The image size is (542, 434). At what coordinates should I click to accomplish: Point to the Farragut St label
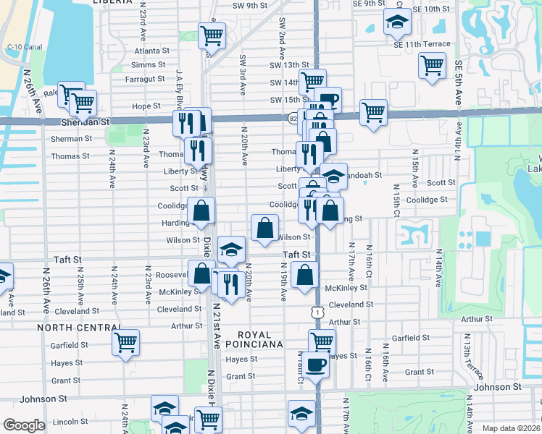point(146,78)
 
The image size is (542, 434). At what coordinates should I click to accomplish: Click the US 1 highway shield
point(317,311)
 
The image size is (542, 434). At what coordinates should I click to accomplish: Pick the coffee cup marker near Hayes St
point(315,364)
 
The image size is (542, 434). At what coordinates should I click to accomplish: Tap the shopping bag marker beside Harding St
point(201,211)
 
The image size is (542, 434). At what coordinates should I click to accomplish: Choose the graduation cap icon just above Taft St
point(231,250)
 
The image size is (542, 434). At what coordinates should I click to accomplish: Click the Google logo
point(24,425)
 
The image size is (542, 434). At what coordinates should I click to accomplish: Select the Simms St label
point(154,64)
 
